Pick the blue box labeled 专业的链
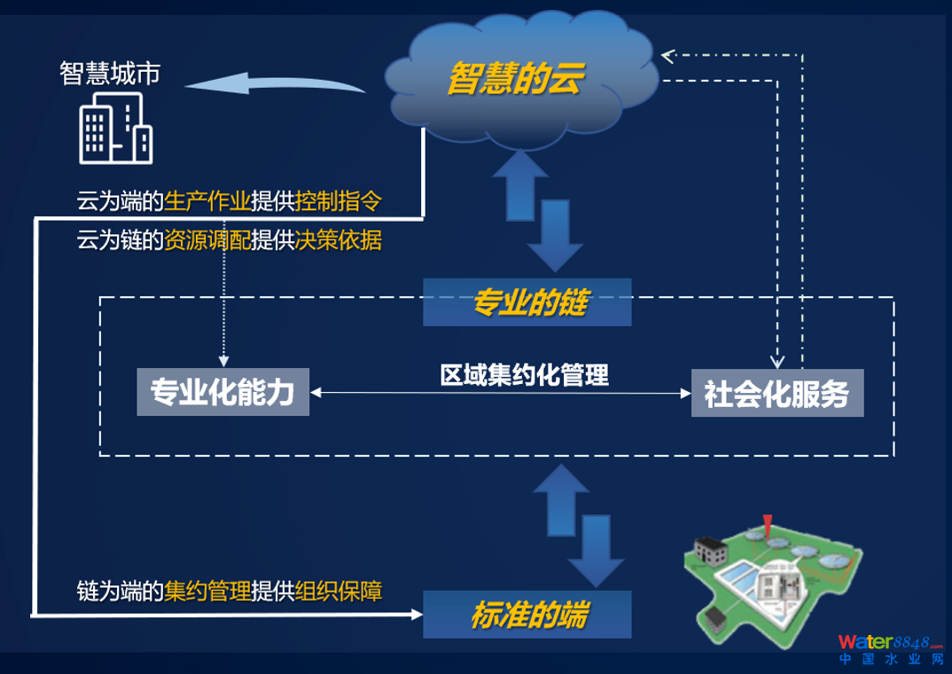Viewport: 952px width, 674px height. coord(528,303)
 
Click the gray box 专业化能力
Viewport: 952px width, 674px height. coord(222,392)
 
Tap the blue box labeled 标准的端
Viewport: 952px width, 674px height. coord(528,614)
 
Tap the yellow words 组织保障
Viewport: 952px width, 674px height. coord(339,591)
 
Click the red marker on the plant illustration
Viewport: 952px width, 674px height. coord(766,525)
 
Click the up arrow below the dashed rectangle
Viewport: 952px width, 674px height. coord(558,501)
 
